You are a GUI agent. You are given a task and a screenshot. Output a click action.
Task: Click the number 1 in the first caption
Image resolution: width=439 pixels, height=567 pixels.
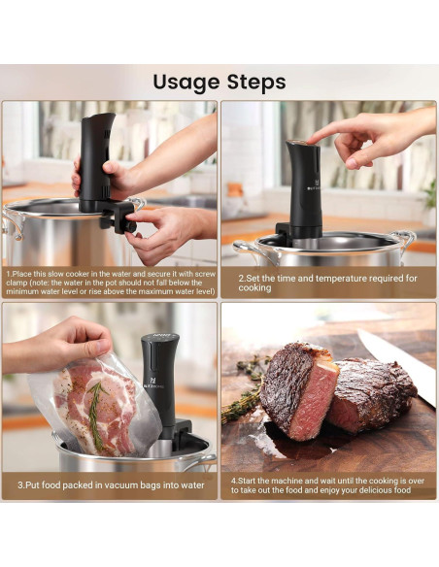(x=8, y=275)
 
